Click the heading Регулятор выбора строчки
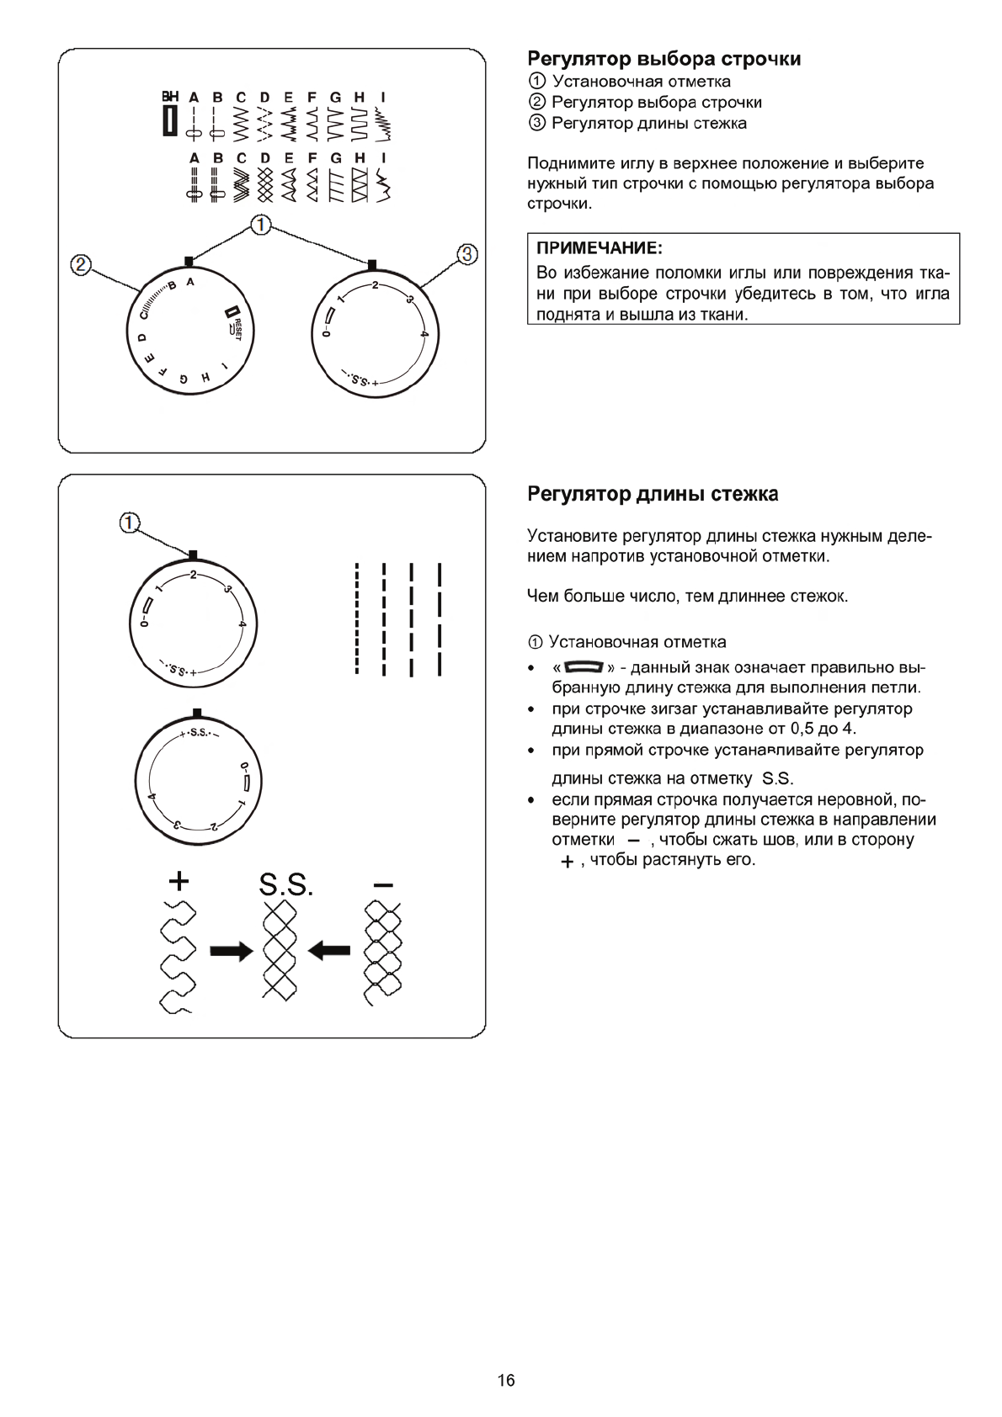point(664,59)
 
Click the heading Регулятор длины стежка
point(653,494)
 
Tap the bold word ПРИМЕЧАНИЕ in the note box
point(600,249)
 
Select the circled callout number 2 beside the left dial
point(80,265)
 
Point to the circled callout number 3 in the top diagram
point(467,253)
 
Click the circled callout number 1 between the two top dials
point(261,225)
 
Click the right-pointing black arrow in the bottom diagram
point(232,951)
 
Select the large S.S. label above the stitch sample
point(285,884)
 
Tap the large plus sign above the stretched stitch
point(179,881)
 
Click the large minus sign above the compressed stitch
point(383,885)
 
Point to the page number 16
point(506,1380)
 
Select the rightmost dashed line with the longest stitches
point(440,619)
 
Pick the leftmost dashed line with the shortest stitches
point(358,619)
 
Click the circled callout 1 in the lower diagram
point(128,523)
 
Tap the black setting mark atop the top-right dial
point(372,263)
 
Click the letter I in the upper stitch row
point(383,97)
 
